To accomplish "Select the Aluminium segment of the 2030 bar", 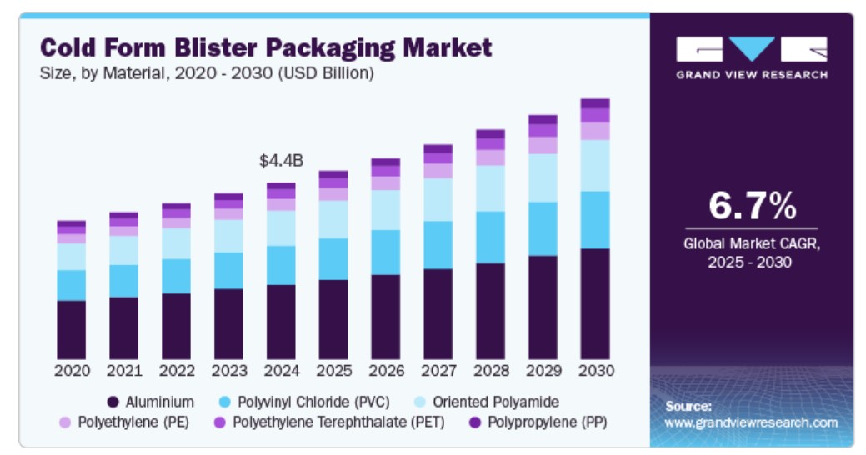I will point(594,303).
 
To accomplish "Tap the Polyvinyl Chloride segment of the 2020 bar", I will point(71,285).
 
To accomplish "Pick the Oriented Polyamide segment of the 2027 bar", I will point(438,199).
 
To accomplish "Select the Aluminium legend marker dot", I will point(114,402).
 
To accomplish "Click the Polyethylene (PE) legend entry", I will point(133,422).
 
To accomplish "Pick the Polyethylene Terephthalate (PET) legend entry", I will point(338,422).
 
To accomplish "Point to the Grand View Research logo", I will point(751,57).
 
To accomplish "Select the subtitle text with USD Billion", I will point(207,73).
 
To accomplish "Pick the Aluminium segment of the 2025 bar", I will point(333,319).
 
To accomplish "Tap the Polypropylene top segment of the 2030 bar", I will point(594,103).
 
